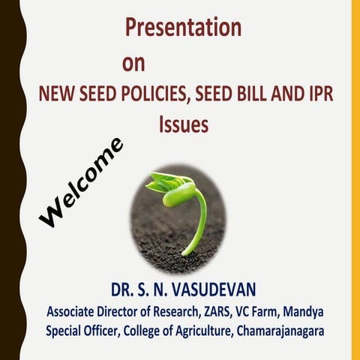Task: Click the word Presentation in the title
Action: [x=183, y=28]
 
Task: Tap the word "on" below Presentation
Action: [x=133, y=62]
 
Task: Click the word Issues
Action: [x=183, y=125]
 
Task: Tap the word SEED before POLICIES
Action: [x=94, y=95]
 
